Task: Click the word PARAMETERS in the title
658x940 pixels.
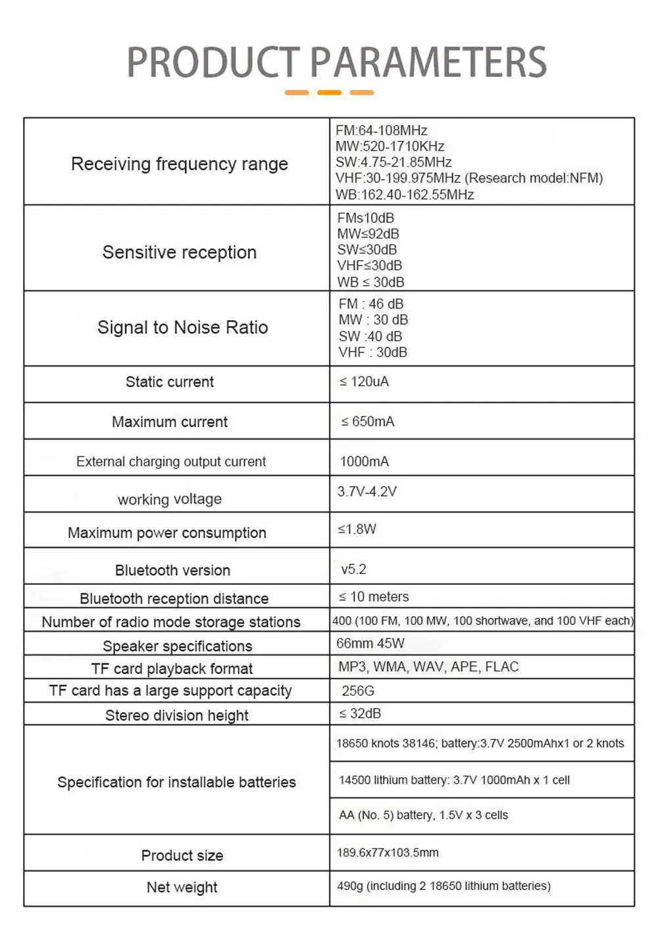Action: coord(428,63)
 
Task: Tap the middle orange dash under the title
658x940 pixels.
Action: coord(329,93)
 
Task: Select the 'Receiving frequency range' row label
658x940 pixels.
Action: coord(179,164)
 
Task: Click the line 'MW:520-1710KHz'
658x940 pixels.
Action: coord(390,146)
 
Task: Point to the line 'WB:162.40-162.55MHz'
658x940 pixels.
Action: coord(404,194)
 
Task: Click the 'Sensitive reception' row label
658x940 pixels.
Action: coord(179,252)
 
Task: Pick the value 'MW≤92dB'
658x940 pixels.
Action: coord(368,234)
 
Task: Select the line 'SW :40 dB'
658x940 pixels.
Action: coord(370,336)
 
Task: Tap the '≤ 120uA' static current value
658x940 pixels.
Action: coord(364,381)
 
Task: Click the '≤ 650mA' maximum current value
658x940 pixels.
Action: coord(367,422)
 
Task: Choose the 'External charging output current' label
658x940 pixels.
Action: coord(171,462)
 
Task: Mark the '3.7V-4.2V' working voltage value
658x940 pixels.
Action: coord(367,491)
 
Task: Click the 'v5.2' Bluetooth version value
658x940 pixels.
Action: coord(353,569)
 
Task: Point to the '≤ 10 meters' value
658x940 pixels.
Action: coord(373,597)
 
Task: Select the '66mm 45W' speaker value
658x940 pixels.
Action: coord(370,643)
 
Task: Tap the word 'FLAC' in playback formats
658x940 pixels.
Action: coord(501,667)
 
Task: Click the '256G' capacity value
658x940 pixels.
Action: coord(357,690)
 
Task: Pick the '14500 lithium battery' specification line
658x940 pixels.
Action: coord(454,780)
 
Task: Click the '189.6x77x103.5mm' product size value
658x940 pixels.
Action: coord(388,852)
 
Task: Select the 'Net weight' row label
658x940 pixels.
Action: coord(182,887)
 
